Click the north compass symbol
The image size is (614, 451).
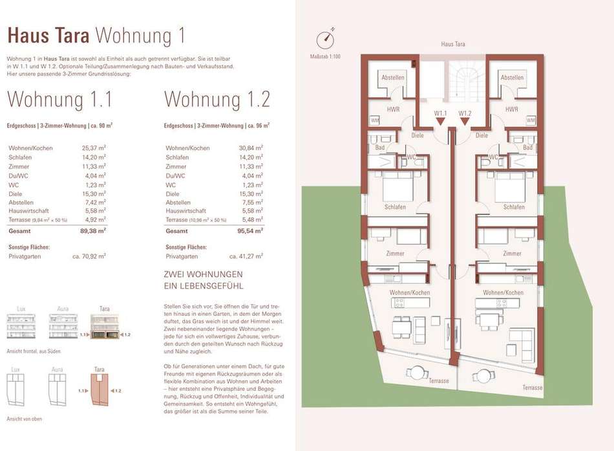[325, 39]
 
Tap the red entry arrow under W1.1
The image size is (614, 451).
[441, 122]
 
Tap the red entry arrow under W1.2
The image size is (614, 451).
[465, 122]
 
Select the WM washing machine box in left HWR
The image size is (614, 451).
[375, 120]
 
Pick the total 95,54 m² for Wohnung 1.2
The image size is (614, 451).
[250, 231]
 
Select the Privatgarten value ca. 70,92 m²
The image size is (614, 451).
[89, 256]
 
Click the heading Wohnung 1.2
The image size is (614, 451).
[217, 99]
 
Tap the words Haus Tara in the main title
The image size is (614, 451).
[48, 36]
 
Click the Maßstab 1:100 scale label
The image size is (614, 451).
[325, 56]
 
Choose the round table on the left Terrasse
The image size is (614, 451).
[417, 373]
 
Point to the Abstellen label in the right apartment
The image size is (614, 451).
[512, 78]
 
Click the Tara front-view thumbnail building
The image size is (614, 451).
[105, 326]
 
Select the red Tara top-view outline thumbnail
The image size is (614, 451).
[99, 390]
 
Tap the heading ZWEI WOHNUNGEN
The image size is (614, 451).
[203, 274]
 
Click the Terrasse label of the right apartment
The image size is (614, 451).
[533, 388]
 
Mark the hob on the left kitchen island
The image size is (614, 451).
[399, 303]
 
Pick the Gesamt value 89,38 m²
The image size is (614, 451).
[93, 231]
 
